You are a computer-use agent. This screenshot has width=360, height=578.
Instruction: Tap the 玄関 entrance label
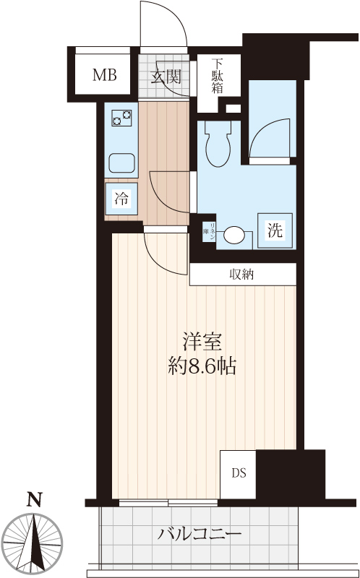[165, 76]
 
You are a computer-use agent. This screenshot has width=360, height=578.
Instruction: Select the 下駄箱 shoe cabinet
[216, 77]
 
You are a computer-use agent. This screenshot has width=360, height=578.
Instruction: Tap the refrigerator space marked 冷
[121, 199]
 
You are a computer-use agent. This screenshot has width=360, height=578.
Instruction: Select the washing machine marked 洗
[275, 231]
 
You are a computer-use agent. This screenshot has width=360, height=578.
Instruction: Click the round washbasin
[235, 235]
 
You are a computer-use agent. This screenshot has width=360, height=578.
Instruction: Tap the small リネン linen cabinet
[210, 231]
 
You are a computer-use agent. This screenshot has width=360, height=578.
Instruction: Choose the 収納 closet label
[242, 274]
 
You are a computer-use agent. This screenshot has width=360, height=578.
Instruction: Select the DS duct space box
[239, 474]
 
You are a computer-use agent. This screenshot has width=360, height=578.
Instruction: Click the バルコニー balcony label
[199, 535]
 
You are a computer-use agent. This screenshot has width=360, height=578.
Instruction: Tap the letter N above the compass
[33, 499]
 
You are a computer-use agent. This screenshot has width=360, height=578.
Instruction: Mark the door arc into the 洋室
[163, 253]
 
